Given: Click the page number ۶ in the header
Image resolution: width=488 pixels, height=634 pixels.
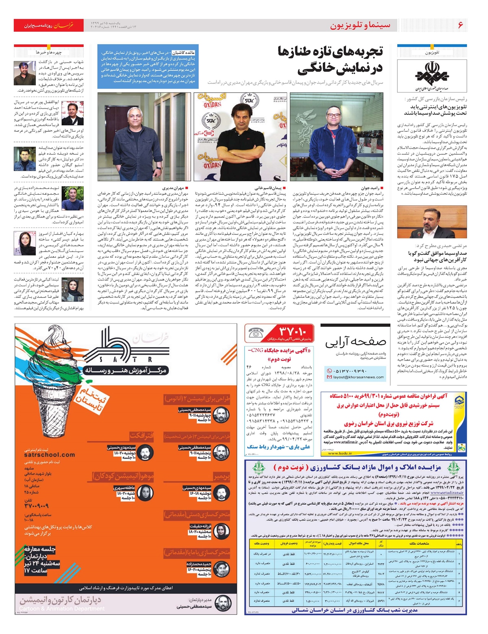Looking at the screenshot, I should (460, 25).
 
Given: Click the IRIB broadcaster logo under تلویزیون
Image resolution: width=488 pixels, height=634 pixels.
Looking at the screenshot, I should (432, 75).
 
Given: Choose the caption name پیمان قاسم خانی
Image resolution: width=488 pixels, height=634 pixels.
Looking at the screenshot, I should (268, 188).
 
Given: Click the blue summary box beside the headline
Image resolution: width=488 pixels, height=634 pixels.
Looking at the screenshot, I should (148, 66).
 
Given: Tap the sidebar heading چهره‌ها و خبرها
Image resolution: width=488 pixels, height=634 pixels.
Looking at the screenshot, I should (49, 52).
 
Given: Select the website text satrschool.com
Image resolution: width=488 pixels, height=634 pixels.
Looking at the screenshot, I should (49, 455).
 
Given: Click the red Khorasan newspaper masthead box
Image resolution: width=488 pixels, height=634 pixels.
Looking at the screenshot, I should (49, 25).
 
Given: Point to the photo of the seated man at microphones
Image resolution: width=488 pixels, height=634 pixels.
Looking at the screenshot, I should (432, 222).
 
